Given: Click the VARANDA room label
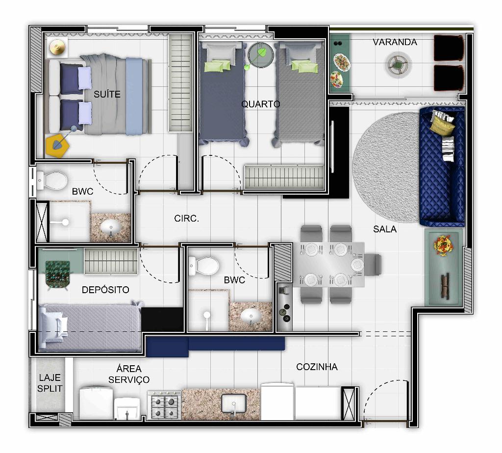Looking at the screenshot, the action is (395, 42).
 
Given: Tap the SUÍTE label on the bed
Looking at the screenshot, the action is (107, 94).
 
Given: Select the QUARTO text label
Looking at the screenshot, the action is (261, 104).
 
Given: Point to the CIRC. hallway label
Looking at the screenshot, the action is (186, 218).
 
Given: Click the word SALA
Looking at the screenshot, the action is (385, 229).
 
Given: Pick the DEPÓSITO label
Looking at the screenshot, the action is (105, 290).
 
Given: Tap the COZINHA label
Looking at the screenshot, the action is (317, 367).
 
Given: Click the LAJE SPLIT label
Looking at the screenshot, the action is (50, 383).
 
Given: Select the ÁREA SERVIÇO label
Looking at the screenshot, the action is (129, 374).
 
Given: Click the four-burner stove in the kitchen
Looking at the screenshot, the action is (164, 405).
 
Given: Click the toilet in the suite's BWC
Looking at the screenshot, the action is (52, 181).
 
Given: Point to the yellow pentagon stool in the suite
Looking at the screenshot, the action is (58, 146).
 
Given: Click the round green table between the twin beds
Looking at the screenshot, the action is (261, 55).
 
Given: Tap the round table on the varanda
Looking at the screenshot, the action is (398, 65).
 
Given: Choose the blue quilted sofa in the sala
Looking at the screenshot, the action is (442, 167).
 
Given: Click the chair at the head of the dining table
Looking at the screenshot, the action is (373, 264).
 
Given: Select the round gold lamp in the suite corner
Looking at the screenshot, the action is (57, 48).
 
